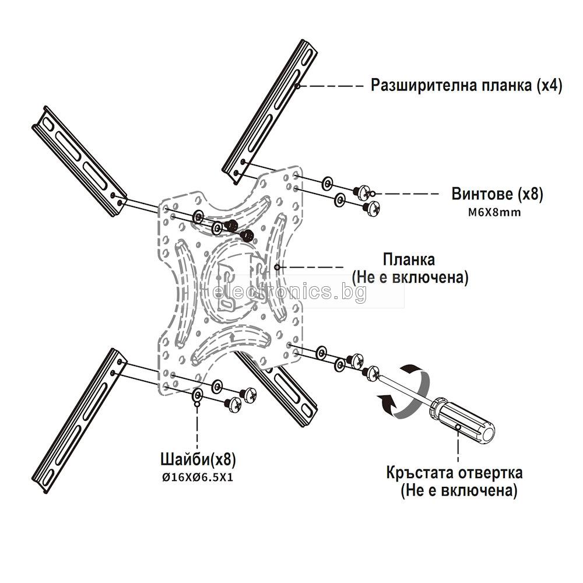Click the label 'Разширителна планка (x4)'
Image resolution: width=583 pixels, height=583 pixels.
[x=466, y=86]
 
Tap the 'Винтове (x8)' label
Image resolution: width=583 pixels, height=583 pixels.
[x=497, y=194]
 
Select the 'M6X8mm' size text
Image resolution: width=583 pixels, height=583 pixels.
[x=494, y=212]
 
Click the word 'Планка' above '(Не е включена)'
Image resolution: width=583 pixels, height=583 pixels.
[x=409, y=258]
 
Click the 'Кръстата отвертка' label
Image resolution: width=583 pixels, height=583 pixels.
[x=454, y=472]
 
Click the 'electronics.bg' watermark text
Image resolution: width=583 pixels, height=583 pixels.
[x=290, y=293]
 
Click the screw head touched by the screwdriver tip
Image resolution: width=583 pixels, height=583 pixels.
[x=371, y=373]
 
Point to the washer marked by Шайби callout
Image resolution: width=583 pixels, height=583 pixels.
[x=197, y=396]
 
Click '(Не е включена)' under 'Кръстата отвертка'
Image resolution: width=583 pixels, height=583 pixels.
[x=458, y=491]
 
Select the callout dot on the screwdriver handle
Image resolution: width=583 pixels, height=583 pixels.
[x=459, y=427]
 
